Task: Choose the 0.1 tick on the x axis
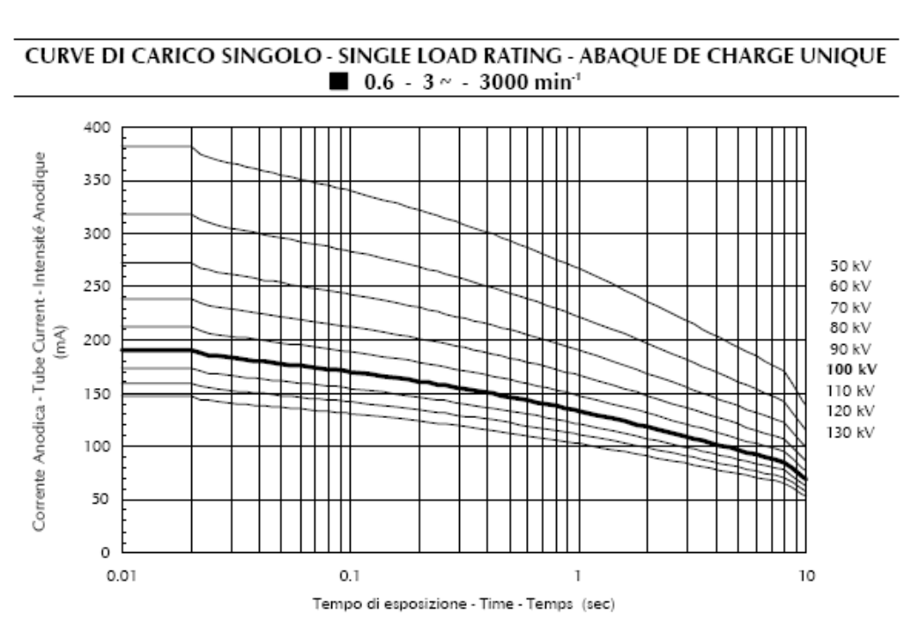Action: pos(350,574)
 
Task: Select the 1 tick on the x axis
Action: pos(578,574)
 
